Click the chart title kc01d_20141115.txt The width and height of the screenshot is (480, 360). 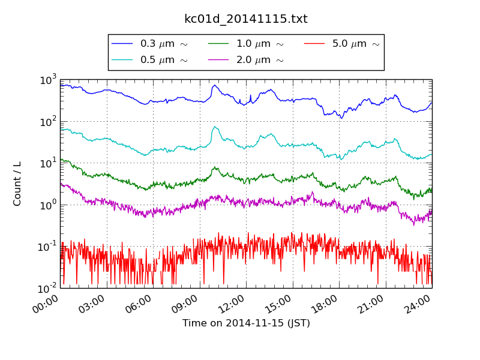(x=245, y=19)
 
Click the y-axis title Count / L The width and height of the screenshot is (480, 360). (x=17, y=184)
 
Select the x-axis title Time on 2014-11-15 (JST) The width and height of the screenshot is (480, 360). (x=246, y=323)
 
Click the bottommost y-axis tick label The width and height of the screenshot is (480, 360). (x=48, y=288)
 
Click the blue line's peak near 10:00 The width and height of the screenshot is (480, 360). (x=214, y=85)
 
